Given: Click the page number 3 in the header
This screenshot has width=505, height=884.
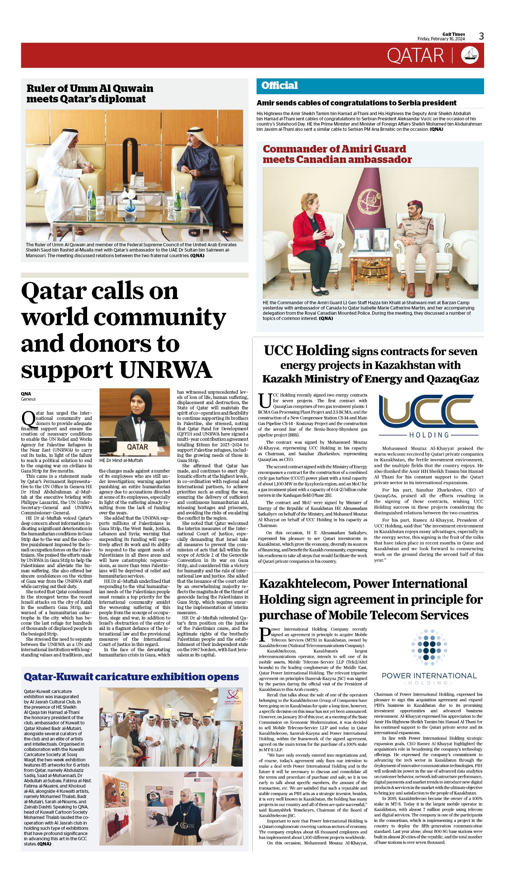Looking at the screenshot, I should click(x=481, y=36).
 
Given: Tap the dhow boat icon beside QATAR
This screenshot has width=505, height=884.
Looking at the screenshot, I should click(x=470, y=55).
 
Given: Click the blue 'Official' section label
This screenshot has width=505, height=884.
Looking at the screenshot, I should click(x=280, y=86).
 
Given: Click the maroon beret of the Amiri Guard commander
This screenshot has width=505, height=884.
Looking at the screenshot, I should click(x=415, y=204).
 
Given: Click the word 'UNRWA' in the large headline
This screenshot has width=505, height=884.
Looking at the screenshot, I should click(x=166, y=370).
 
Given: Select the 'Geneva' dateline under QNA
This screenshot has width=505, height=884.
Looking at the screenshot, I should click(x=28, y=399).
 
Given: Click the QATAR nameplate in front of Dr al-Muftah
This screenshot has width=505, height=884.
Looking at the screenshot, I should click(x=137, y=447).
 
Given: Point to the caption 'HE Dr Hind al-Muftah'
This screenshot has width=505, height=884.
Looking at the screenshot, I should click(x=121, y=461).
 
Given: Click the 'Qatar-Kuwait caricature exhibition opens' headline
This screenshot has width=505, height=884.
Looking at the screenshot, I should click(x=131, y=677).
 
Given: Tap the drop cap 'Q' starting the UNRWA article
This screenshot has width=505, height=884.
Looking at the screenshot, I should click(x=28, y=418).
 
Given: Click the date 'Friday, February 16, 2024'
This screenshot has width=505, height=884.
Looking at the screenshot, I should click(x=441, y=39).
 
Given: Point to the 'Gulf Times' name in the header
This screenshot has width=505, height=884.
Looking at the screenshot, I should click(x=454, y=34).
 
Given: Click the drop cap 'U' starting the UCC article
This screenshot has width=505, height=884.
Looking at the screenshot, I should click(x=265, y=400).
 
